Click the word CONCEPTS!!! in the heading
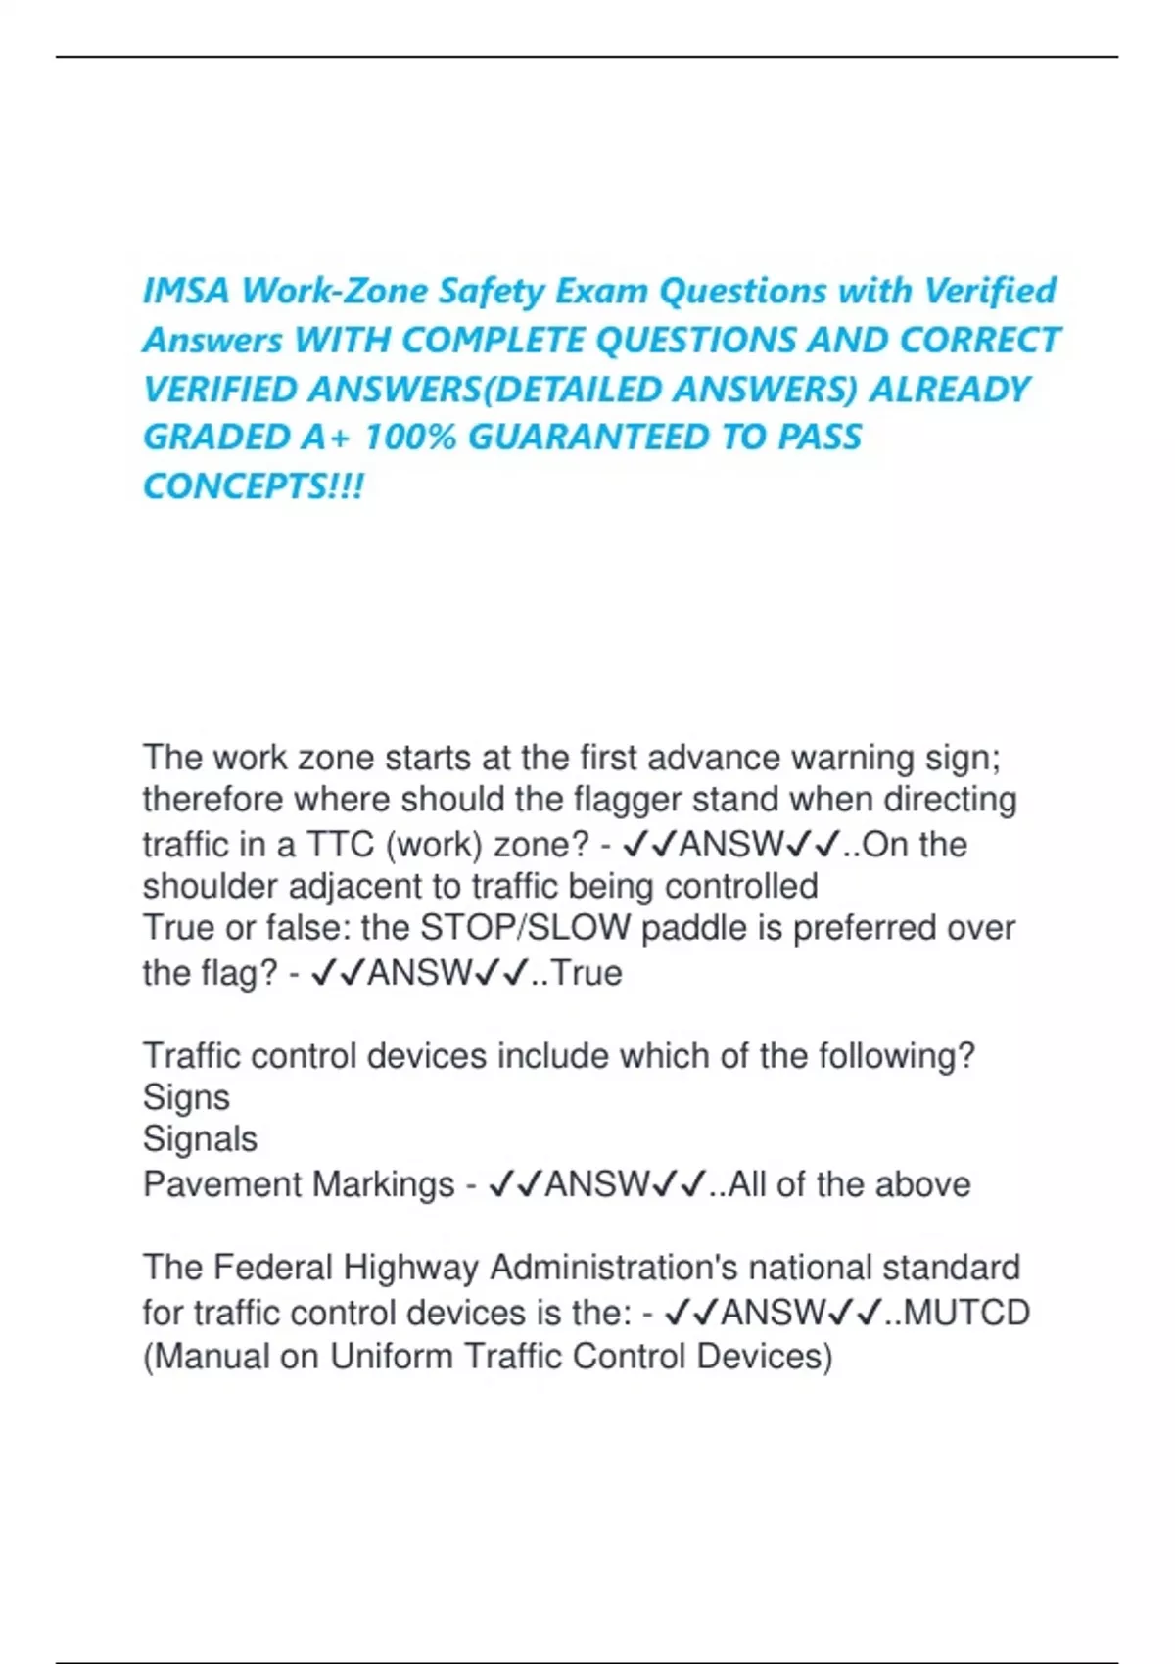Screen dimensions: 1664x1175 [254, 485]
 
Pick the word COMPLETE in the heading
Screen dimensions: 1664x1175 [493, 340]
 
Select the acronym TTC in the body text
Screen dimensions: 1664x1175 [341, 844]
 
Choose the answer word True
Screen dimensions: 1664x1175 [587, 973]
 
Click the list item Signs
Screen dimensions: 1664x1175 [186, 1097]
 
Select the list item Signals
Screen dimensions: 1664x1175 [200, 1139]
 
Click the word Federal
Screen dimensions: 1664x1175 [273, 1268]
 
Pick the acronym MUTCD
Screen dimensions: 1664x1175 [966, 1313]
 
